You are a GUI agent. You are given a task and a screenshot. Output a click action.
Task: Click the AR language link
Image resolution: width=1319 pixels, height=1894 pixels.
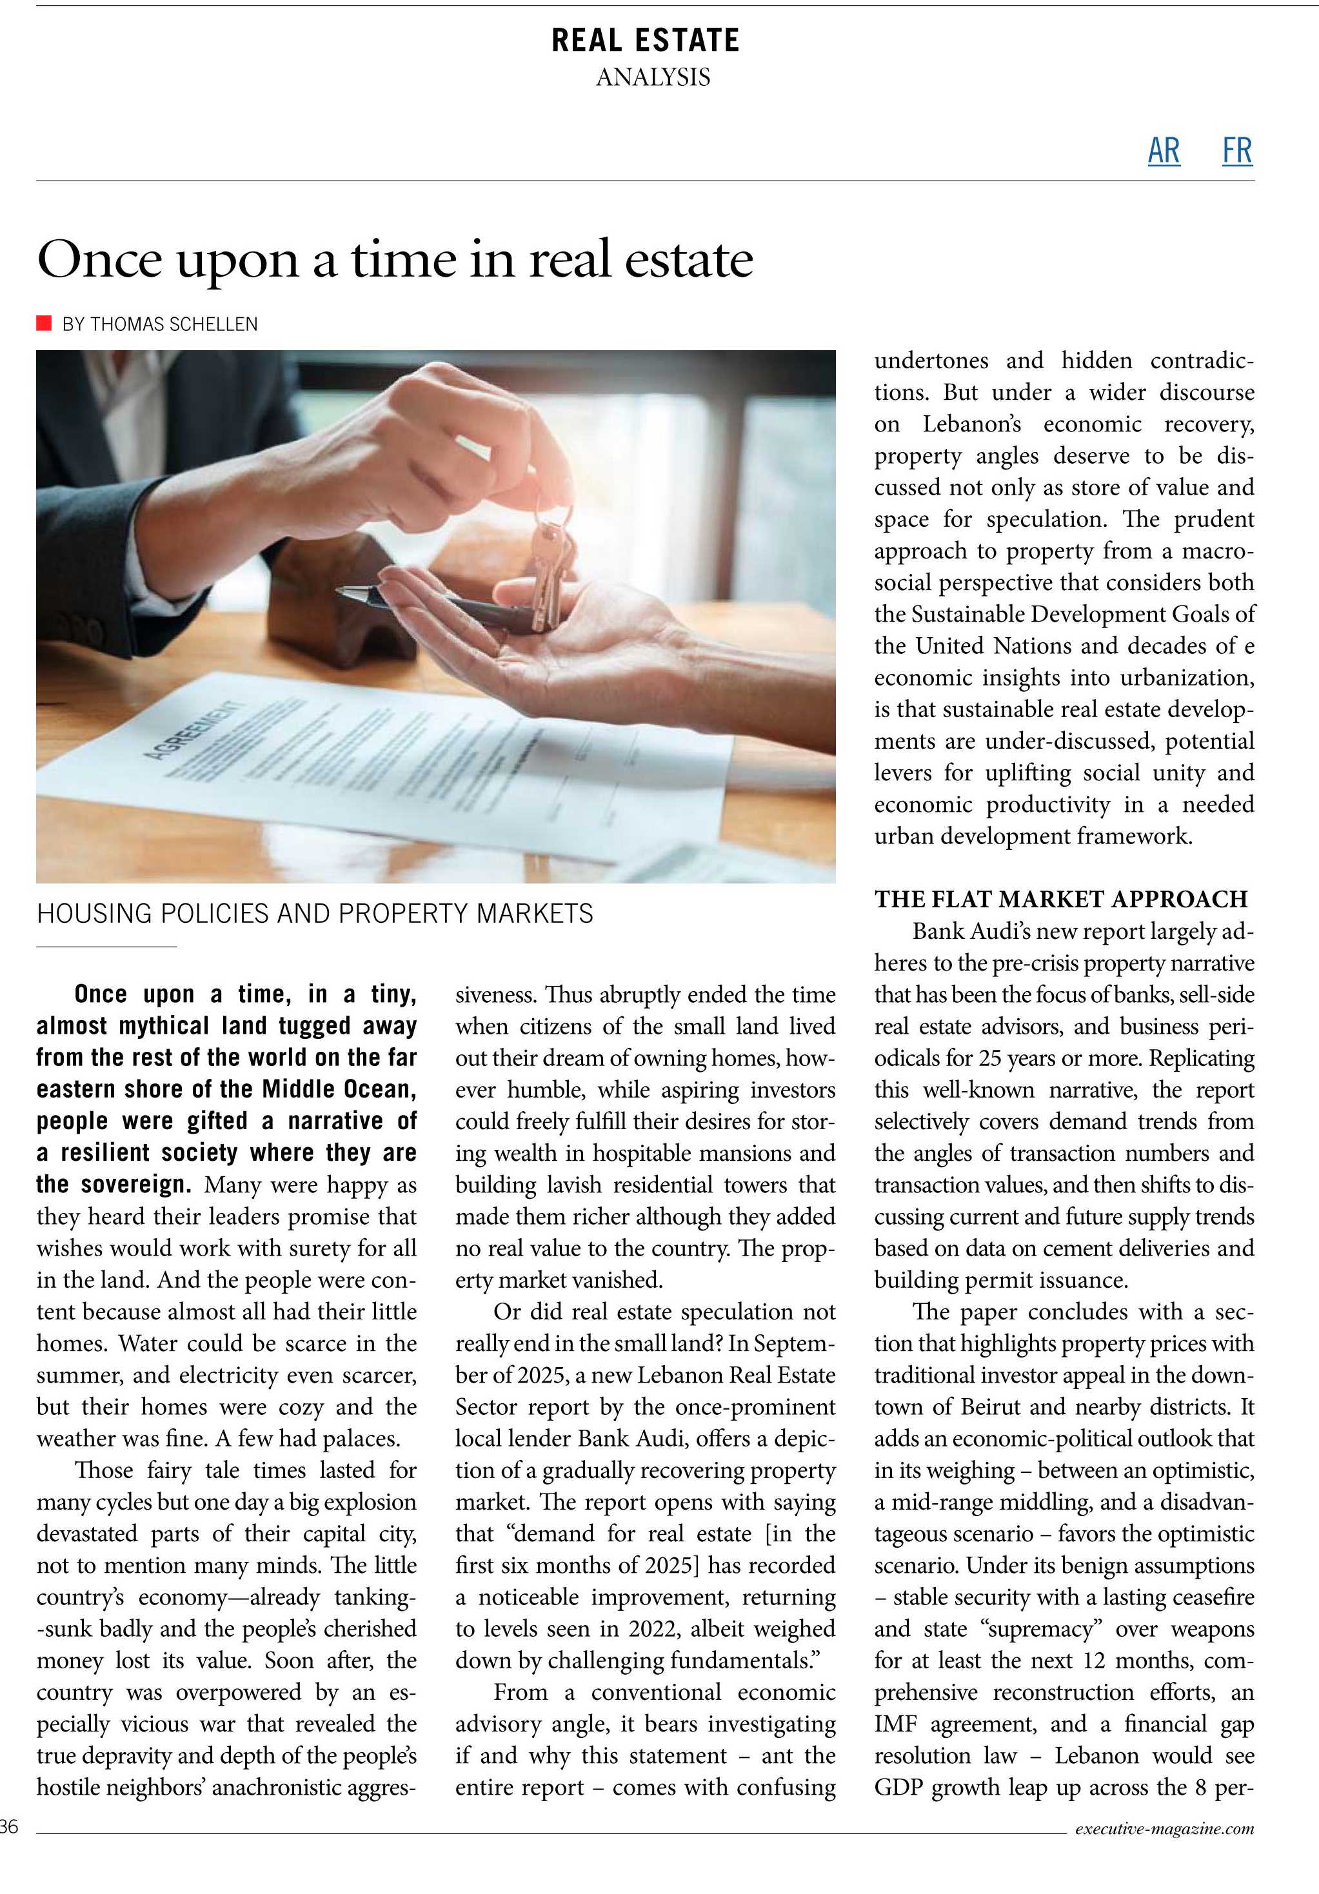1163,151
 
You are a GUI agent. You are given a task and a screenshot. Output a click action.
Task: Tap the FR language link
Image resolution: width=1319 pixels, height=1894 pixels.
1236,151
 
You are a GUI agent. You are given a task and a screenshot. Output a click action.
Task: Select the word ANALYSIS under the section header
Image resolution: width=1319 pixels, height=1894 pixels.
653,77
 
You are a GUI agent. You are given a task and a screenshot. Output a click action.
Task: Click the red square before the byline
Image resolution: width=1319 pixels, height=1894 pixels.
44,322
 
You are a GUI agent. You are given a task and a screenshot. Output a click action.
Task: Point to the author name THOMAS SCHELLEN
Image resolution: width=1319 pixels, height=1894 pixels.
174,324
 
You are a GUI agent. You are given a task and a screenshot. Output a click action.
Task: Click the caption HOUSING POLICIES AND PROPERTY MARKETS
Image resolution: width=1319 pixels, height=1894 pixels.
314,914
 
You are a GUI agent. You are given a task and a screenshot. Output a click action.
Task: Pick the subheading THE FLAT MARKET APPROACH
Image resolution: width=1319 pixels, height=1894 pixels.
1061,899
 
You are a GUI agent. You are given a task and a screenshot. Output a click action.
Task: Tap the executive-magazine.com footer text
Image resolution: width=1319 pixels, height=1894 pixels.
1164,1828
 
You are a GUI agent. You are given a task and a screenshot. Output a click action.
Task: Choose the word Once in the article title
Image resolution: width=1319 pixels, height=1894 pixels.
99,260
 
